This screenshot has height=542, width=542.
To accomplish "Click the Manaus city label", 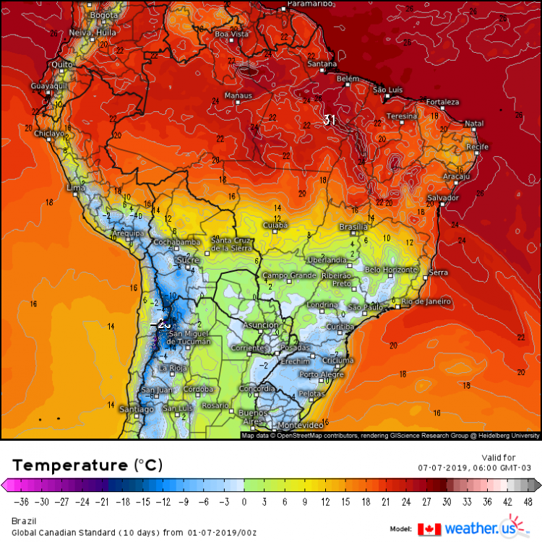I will pos(238,95).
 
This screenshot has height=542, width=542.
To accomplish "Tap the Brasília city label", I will pos(353,227).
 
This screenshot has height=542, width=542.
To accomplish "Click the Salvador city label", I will pos(443,197).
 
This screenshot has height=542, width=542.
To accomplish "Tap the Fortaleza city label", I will pos(442,102).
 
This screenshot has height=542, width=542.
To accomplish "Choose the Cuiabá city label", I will pos(275,225).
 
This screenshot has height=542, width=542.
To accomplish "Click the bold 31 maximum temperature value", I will pos(330,119).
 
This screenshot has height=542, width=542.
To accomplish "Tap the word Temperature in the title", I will pos(69,464).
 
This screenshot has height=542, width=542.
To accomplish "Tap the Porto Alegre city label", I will pos(319,374).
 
